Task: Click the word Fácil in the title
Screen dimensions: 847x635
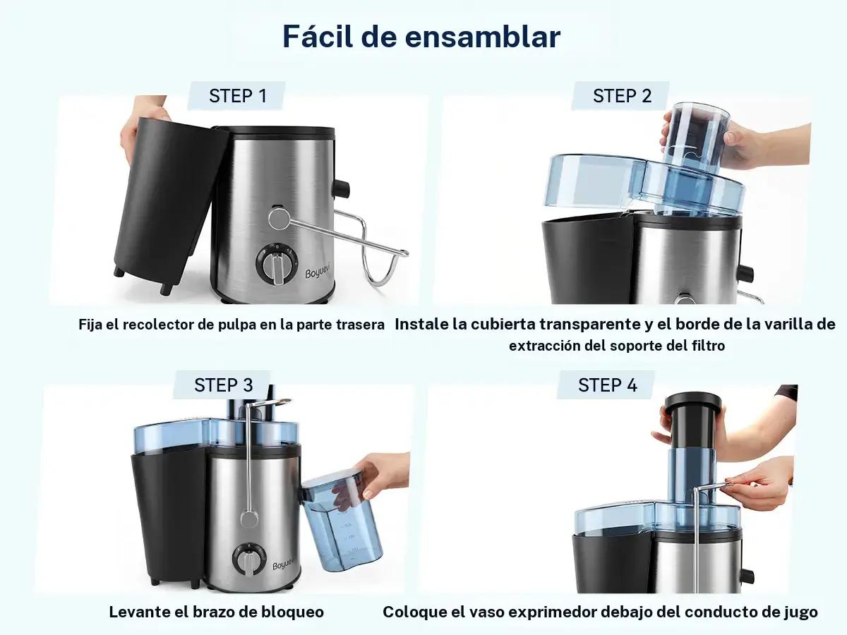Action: point(318,37)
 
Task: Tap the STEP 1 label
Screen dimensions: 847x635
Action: point(238,96)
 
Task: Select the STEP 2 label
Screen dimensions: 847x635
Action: point(622,96)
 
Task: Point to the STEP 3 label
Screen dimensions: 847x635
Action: point(224,385)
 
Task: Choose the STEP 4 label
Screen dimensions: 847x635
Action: point(608,385)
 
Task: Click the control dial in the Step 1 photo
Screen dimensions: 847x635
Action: point(276,263)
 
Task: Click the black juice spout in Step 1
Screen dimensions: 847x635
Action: point(342,189)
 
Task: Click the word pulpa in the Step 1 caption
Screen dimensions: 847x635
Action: point(236,325)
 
